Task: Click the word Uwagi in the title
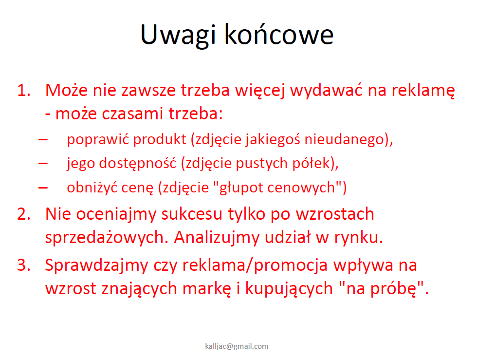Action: point(178,36)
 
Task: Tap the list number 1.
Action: point(24,90)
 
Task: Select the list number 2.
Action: point(24,214)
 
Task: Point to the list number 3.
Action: point(24,265)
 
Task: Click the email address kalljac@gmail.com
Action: point(237,346)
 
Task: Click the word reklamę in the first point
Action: point(423,91)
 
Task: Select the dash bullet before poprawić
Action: point(43,140)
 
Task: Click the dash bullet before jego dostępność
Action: point(43,164)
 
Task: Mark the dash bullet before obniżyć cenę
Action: point(43,188)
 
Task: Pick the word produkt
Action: point(160,139)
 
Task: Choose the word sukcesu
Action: point(192,214)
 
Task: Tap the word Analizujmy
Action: point(217,238)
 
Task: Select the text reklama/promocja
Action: point(255,265)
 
